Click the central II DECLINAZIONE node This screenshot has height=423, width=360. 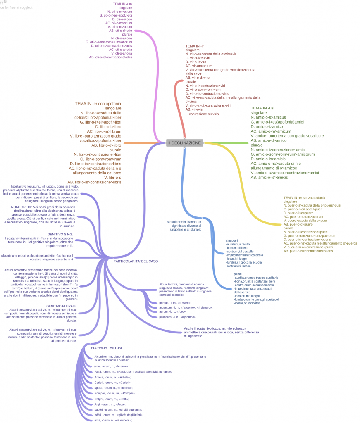(x=184, y=143)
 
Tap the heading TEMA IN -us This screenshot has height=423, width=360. (x=262, y=108)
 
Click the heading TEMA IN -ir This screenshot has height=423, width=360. (x=195, y=45)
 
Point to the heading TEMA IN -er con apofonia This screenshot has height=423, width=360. (x=98, y=103)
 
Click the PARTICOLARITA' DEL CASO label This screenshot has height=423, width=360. (x=136, y=261)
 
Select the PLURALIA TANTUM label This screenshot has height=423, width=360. (x=106, y=348)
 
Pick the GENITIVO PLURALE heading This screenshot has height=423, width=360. (x=61, y=306)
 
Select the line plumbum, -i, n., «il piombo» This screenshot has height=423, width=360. (x=177, y=317)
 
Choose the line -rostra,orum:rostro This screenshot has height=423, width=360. (x=247, y=303)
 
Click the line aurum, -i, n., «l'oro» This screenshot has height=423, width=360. (x=172, y=311)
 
